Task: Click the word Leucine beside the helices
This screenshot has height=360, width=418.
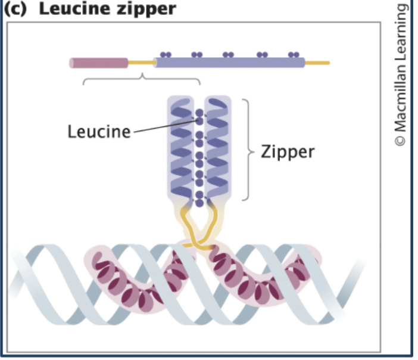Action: [x=98, y=132]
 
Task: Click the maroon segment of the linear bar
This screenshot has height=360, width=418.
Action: [x=99, y=63]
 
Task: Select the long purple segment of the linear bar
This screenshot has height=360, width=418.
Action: [x=230, y=62]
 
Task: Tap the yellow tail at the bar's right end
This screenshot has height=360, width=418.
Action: [x=317, y=62]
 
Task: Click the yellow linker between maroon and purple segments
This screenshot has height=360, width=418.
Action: [x=142, y=62]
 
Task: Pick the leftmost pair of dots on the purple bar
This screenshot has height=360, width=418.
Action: [x=166, y=54]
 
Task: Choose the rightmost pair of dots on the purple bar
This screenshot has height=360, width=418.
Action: [x=293, y=54]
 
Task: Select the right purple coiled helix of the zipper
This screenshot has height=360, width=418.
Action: [x=216, y=149]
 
